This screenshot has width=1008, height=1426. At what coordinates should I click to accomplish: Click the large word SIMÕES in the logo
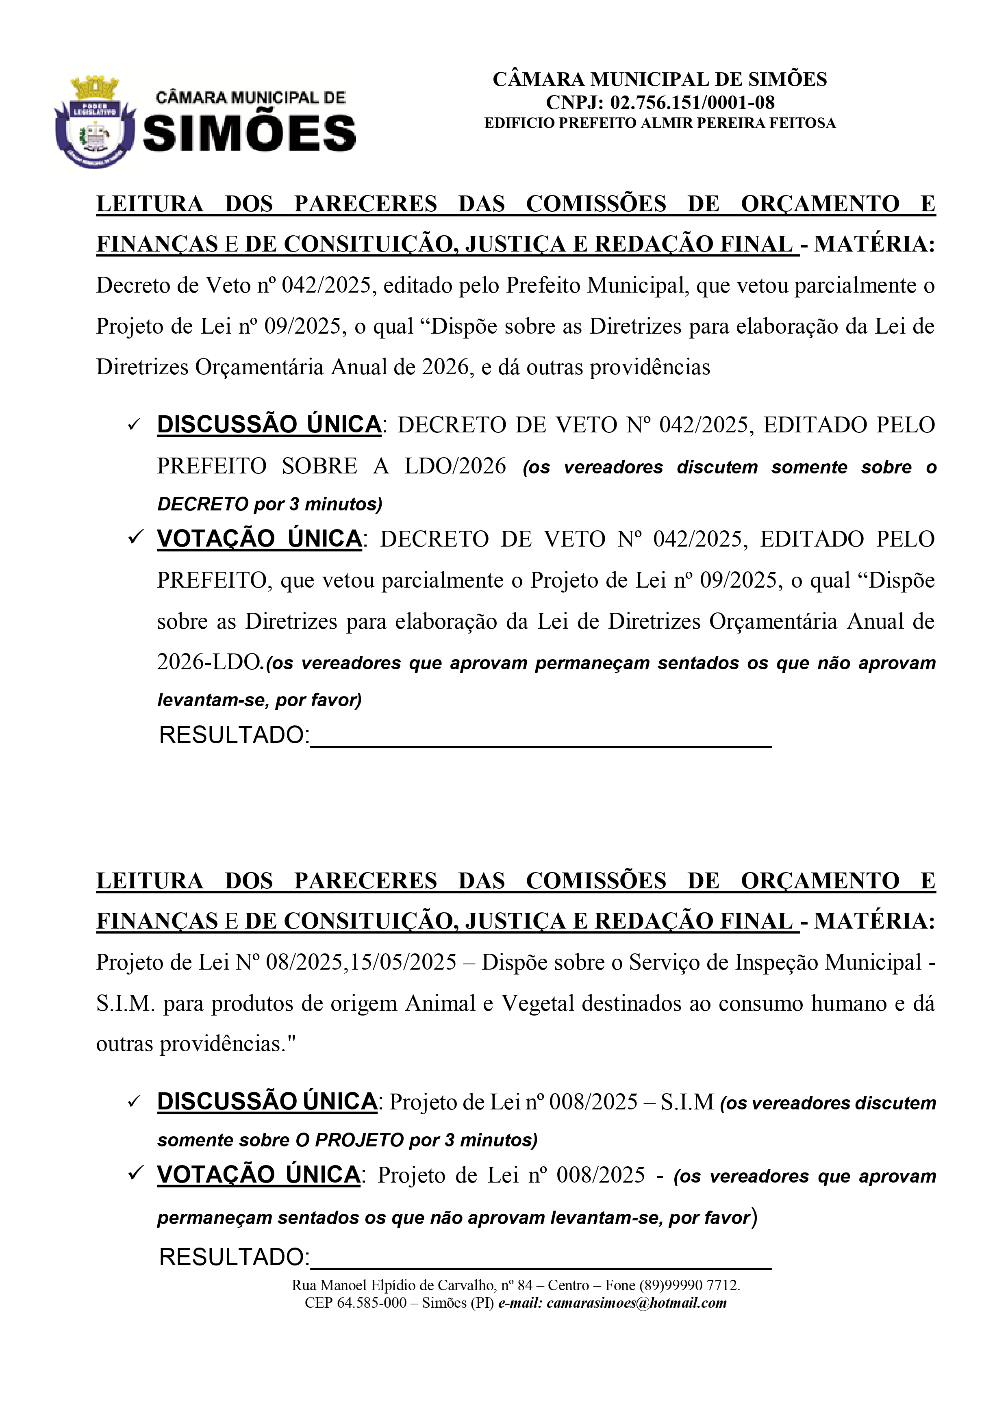tap(250, 134)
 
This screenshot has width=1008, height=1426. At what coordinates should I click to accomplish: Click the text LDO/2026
tap(455, 466)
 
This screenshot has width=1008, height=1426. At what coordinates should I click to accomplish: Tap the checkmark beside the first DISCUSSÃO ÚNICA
tap(134, 425)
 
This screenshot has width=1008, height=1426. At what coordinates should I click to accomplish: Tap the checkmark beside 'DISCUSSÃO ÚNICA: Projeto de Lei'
tap(134, 1103)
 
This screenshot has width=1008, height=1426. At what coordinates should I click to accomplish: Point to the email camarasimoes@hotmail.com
tap(637, 1302)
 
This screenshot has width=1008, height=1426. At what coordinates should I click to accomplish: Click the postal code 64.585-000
tap(371, 1302)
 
